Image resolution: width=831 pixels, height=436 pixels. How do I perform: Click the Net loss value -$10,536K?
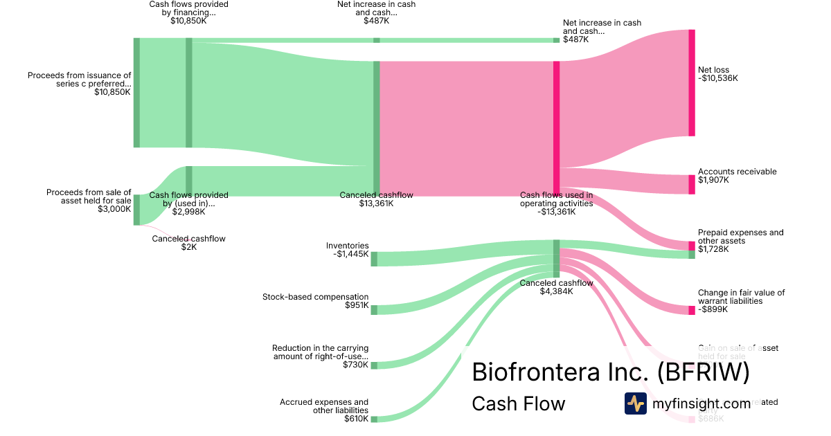[x=718, y=78]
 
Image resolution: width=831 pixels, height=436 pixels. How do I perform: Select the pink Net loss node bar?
[x=691, y=82]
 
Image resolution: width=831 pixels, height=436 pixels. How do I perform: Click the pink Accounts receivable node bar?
[x=691, y=184]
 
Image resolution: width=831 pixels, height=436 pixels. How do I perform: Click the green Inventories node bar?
[x=374, y=259]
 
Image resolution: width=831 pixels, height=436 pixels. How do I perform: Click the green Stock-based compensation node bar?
[x=374, y=310]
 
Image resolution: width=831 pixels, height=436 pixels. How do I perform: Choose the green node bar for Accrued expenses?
[x=374, y=419]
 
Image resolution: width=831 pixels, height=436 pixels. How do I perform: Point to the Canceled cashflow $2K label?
[x=188, y=242]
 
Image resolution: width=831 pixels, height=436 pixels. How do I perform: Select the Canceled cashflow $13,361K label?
[x=376, y=199]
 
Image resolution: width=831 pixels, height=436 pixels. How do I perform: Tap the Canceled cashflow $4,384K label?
[x=556, y=287]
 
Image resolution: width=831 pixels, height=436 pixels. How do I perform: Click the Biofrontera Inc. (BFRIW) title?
[x=610, y=372]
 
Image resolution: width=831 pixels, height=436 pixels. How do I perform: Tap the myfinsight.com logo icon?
[x=635, y=403]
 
